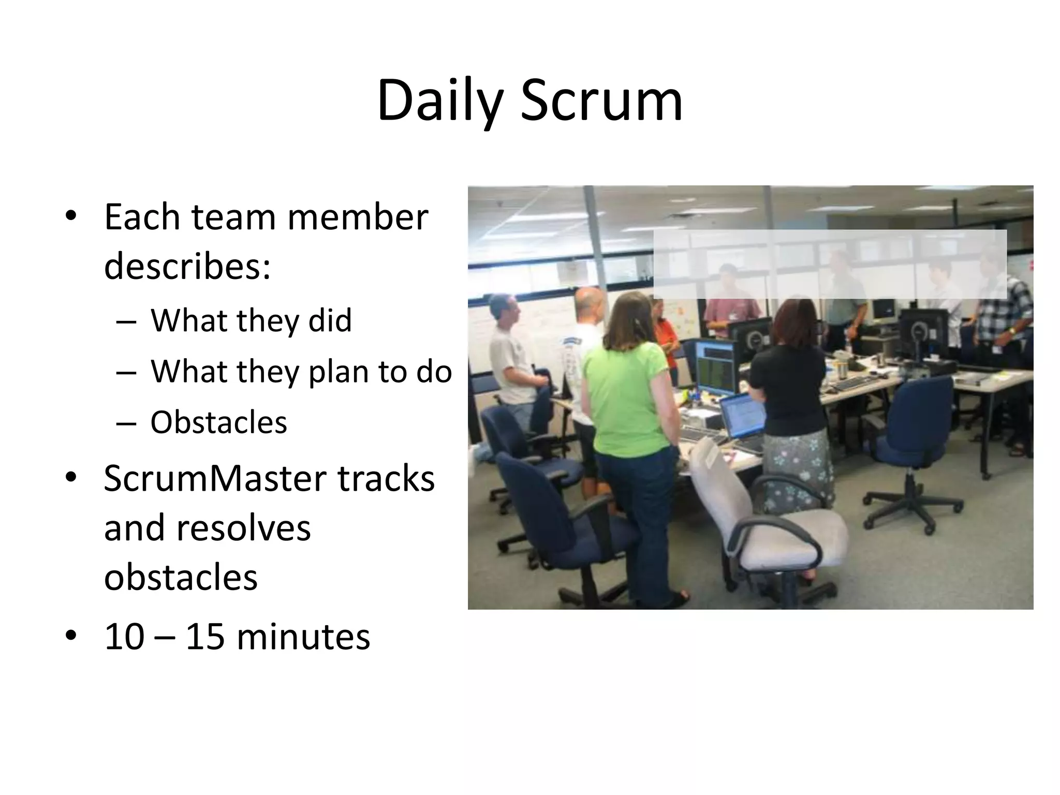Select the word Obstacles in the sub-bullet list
[x=218, y=422]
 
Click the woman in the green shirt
[x=629, y=393]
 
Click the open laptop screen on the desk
[x=742, y=417]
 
